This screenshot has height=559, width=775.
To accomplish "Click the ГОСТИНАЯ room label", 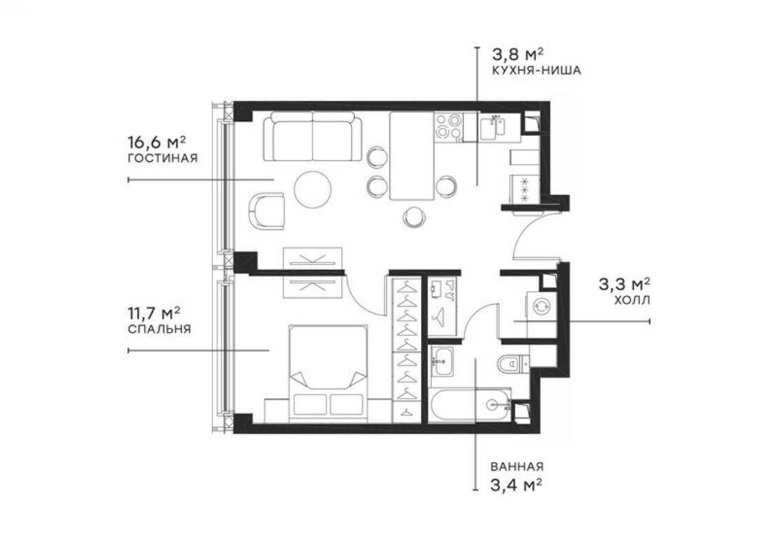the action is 162,158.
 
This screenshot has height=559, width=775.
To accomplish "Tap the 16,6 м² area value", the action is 157,142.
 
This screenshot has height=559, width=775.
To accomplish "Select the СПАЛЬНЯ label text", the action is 159,329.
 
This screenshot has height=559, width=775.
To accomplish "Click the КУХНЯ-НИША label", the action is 536,70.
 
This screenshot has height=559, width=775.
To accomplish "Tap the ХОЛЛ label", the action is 632,300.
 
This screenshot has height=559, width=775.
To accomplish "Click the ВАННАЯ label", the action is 517,467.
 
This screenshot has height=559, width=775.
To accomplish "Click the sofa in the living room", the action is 312,136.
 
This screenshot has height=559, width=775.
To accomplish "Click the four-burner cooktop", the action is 449,126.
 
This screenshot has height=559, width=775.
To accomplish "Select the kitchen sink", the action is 492,126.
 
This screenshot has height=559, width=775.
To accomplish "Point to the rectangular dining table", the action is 412,156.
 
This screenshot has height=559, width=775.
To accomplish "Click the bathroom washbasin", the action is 442,362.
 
